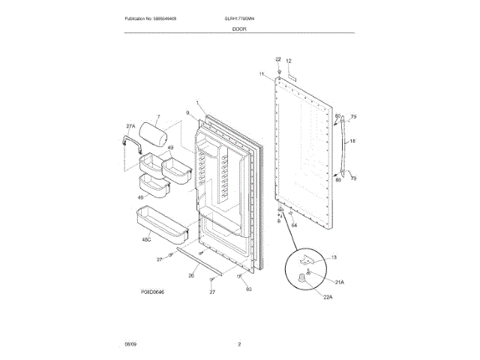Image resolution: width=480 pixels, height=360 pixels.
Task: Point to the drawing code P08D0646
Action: click(151, 292)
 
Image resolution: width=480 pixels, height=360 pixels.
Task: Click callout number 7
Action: click(158, 116)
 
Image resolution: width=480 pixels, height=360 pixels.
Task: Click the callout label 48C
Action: click(147, 240)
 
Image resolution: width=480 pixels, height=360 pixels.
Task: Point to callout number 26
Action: click(191, 275)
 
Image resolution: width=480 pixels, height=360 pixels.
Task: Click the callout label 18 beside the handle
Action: click(352, 141)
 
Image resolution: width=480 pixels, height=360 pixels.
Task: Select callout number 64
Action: click(294, 225)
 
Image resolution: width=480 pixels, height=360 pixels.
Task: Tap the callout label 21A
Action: click(339, 281)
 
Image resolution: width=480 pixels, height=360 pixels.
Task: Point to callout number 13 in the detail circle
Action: click(334, 257)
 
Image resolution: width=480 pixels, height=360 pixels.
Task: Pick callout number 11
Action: click(262, 74)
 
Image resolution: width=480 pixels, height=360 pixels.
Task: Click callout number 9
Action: click(188, 113)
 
